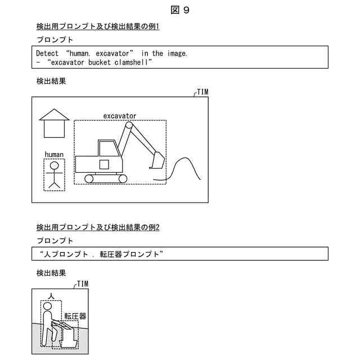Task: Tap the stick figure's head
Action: (55, 166)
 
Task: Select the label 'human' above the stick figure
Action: (54, 154)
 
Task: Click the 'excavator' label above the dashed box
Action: (119, 116)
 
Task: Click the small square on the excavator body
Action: (103, 164)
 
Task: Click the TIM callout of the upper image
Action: (203, 92)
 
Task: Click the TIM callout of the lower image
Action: (82, 284)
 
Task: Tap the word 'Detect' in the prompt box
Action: (47, 53)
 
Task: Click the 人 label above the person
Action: (51, 295)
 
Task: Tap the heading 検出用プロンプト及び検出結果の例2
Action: (98, 227)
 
